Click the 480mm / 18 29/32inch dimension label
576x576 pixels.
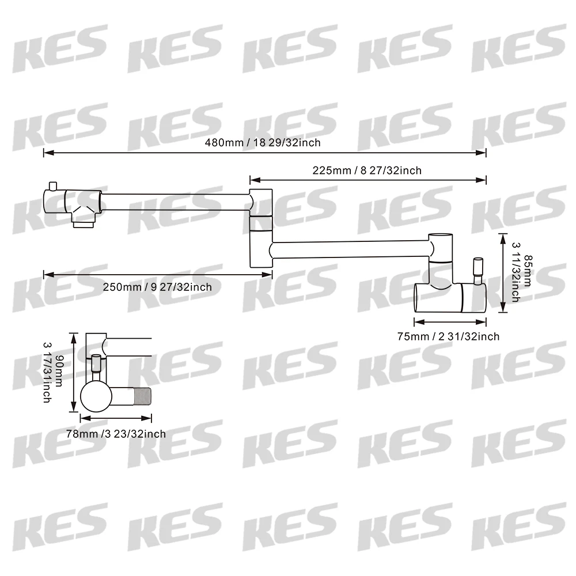pos(263,142)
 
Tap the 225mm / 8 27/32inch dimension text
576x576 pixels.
pos(367,170)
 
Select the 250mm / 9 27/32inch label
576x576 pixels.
pos(157,287)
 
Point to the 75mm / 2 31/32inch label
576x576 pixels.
pos(448,336)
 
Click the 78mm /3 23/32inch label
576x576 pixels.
pos(116,434)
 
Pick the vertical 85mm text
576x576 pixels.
pos(528,271)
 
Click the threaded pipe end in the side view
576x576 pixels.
pos(141,397)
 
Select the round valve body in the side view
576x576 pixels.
pos(96,397)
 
